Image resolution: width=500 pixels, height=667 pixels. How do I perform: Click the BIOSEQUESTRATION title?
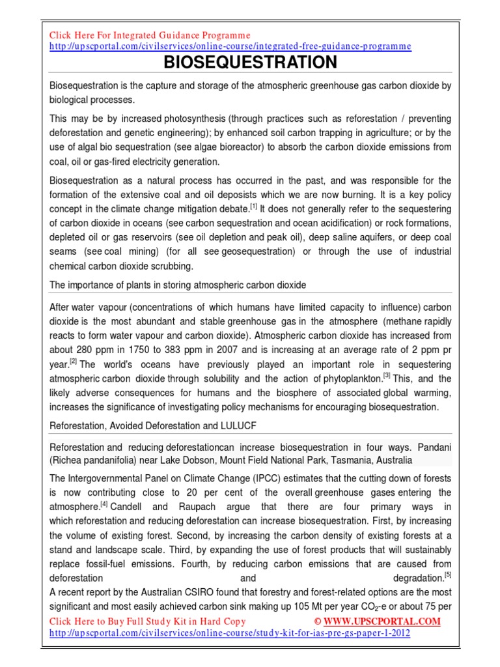pyautogui.click(x=250, y=63)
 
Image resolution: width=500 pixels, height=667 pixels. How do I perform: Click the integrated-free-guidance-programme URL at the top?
pyautogui.click(x=230, y=46)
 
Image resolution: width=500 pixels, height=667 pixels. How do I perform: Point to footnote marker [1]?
pyautogui.click(x=254, y=206)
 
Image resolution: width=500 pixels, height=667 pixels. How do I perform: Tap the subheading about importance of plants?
pyautogui.click(x=178, y=285)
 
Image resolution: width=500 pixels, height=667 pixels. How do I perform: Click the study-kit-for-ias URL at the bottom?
pyautogui.click(x=230, y=633)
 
